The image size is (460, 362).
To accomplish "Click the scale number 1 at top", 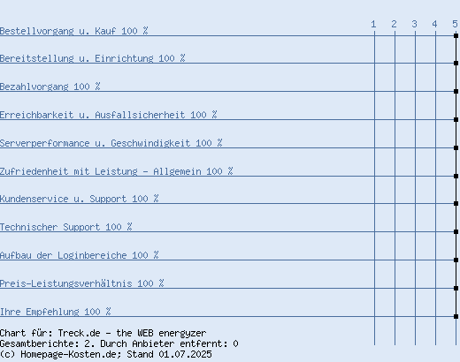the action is coord(373,24).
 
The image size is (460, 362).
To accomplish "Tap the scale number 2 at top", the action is coord(395,24).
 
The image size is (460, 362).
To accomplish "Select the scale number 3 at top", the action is coord(415,24).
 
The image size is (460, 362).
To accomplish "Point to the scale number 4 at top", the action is coord(434,24).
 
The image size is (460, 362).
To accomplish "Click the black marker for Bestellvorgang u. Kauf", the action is coord(456,35).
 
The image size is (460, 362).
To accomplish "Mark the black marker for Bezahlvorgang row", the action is coord(456,91).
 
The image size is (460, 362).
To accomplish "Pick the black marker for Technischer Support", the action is coord(456,231).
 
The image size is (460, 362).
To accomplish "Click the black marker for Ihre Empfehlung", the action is coord(456,316).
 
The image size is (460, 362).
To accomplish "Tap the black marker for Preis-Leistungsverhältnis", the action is coord(456,288).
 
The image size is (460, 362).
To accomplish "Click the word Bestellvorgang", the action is coord(37,31).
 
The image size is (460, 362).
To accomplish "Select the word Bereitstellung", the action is coord(37,58).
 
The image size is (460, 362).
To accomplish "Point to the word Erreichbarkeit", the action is coord(37,115).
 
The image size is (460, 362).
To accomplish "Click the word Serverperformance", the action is coord(45,143).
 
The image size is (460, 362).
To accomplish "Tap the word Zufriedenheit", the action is coord(34,171).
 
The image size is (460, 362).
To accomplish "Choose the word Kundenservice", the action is coord(34,199).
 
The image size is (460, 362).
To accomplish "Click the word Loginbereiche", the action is coord(92,255).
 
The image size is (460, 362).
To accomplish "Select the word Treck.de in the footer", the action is coord(79,333).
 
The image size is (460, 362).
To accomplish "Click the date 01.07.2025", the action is coord(185,354).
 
